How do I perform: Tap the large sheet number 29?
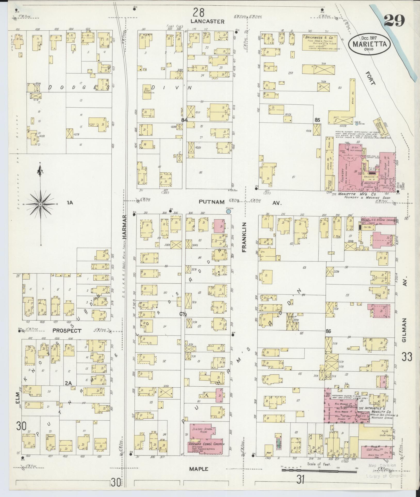click(394, 21)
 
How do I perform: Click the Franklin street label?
click(244, 237)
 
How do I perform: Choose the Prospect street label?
click(67, 331)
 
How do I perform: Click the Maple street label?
click(199, 469)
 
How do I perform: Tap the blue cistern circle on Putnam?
click(228, 211)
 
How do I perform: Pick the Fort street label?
click(370, 78)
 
